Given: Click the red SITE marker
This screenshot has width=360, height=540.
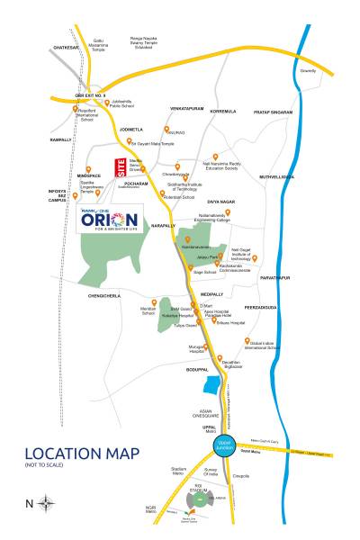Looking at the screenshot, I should point(120,168).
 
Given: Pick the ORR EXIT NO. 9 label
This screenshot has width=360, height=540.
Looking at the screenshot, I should point(91,94).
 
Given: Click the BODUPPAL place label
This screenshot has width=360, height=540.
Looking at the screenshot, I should point(197,370).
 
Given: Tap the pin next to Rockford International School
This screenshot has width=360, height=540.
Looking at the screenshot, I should point(76,109).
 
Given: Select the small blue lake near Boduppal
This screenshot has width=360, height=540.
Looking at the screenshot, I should point(213,388).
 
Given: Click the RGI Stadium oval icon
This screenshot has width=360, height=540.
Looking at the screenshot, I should point(196,500).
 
